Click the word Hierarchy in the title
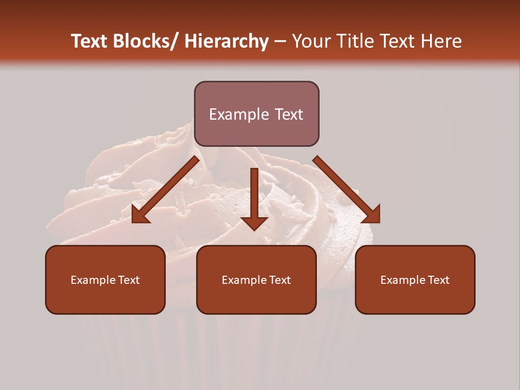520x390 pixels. pyautogui.click(x=226, y=41)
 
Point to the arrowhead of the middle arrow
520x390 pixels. pyautogui.click(x=254, y=223)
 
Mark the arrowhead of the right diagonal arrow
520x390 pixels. pyautogui.click(x=373, y=215)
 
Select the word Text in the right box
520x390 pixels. pyautogui.click(x=438, y=280)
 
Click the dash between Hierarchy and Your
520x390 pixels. pyautogui.click(x=280, y=42)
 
